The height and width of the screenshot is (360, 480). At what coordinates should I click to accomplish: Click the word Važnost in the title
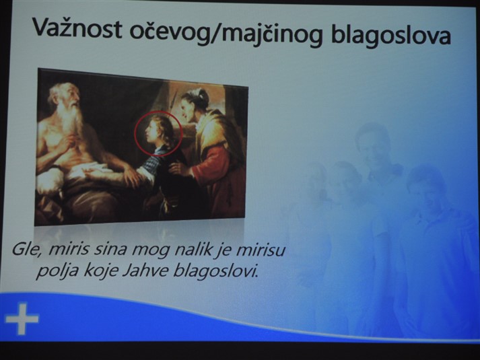click(x=77, y=29)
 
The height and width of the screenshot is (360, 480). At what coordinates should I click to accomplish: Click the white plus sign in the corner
click(x=22, y=318)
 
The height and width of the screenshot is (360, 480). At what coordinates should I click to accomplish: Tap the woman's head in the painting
click(x=193, y=104)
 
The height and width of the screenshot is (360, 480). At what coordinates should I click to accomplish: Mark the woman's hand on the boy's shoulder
click(x=178, y=168)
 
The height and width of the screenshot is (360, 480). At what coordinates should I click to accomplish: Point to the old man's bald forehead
click(x=62, y=91)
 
